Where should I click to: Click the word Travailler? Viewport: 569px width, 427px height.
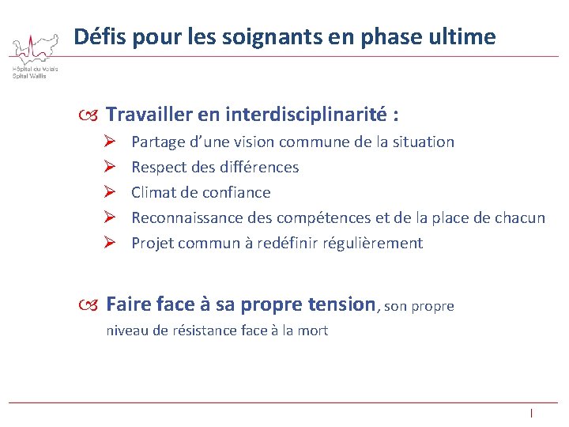(x=150, y=115)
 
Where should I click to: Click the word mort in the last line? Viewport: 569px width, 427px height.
(x=312, y=331)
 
